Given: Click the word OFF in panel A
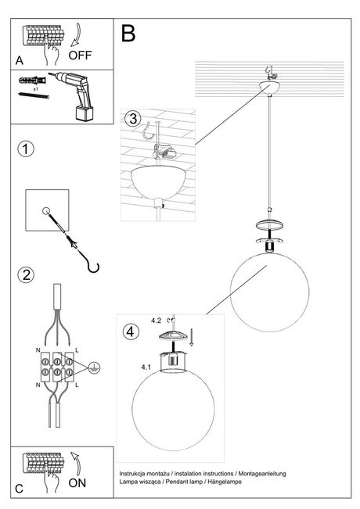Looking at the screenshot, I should tap(81, 56).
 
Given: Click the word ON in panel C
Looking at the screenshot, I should tap(78, 482).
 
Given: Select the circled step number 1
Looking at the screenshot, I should tap(26, 149).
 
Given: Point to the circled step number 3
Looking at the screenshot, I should tap(134, 119).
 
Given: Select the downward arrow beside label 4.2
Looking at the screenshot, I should tap(193, 337).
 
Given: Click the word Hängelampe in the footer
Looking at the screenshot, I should tap(223, 482).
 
